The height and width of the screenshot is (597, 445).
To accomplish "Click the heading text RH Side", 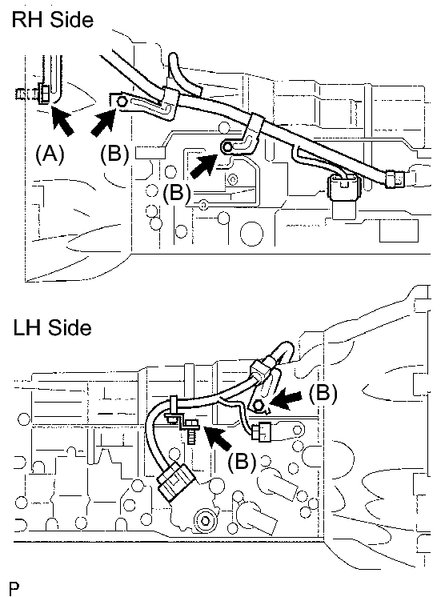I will pos(52,19).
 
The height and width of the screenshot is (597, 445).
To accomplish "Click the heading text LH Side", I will pos(51,327).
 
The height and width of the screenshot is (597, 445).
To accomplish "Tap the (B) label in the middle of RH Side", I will pos(178,193).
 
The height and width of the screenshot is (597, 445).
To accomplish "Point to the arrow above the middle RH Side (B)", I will pos(204,166).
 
